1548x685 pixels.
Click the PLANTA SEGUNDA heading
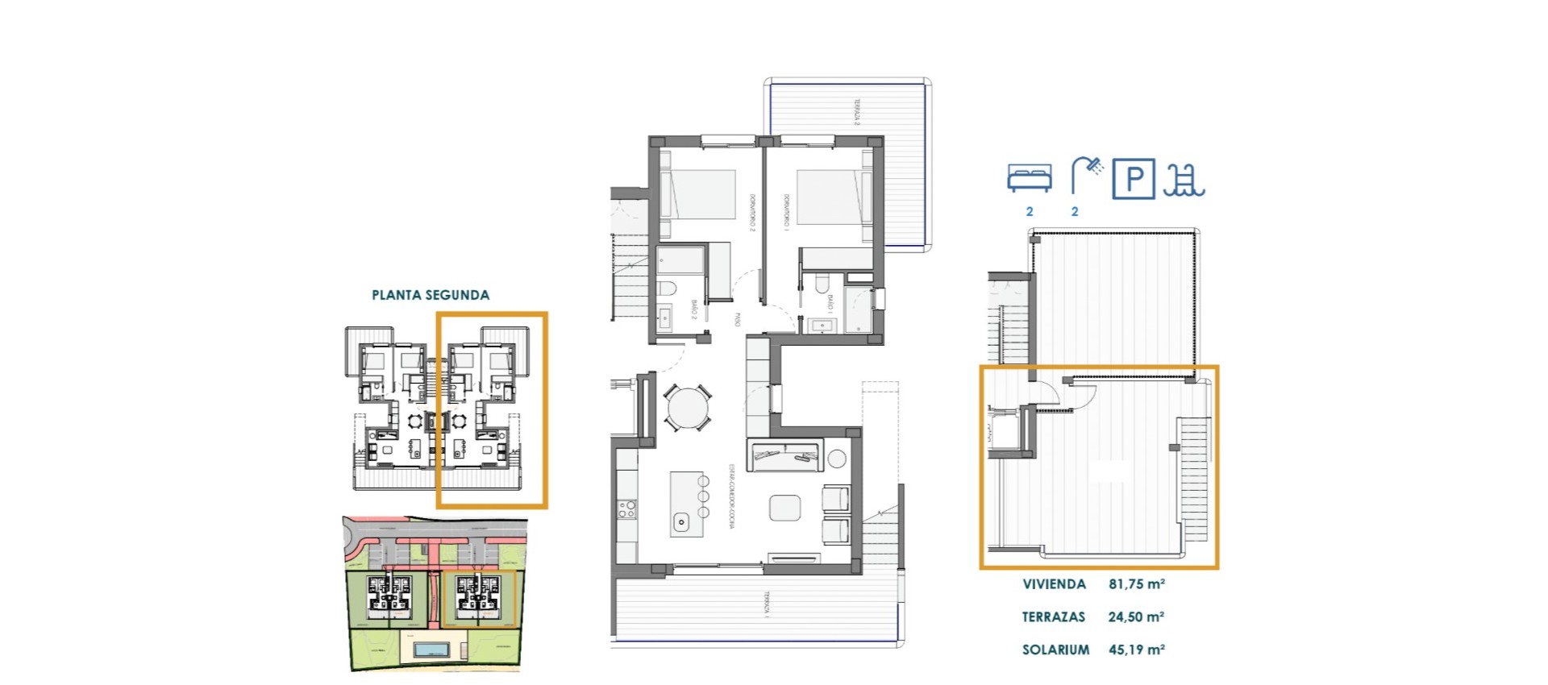pyautogui.click(x=430, y=295)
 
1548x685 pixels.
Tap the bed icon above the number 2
pyautogui.click(x=1029, y=178)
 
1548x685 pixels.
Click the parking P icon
pyautogui.click(x=1134, y=178)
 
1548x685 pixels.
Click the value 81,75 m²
pyautogui.click(x=1136, y=584)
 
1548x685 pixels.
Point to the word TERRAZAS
pyautogui.click(x=1053, y=617)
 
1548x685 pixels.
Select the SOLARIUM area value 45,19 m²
pyautogui.click(x=1136, y=650)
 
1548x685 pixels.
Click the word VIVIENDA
pyautogui.click(x=1054, y=584)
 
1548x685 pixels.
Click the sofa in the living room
pyautogui.click(x=784, y=457)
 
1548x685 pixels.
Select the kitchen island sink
pyautogui.click(x=681, y=522)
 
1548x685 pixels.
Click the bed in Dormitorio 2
pyautogui.click(x=698, y=194)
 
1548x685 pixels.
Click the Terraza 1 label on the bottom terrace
pyautogui.click(x=767, y=604)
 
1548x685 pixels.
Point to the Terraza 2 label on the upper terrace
pyautogui.click(x=857, y=112)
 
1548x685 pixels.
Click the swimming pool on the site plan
pyautogui.click(x=432, y=650)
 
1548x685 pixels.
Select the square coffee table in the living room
pyautogui.click(x=784, y=508)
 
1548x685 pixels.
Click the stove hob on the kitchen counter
pyautogui.click(x=626, y=509)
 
